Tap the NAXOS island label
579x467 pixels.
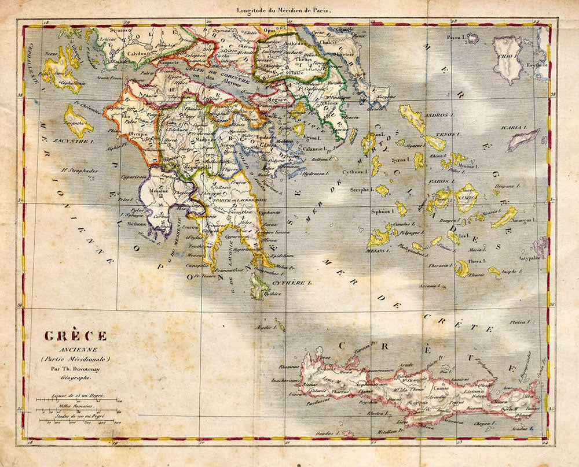coord(466,197)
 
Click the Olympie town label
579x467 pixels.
coord(135,131)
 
